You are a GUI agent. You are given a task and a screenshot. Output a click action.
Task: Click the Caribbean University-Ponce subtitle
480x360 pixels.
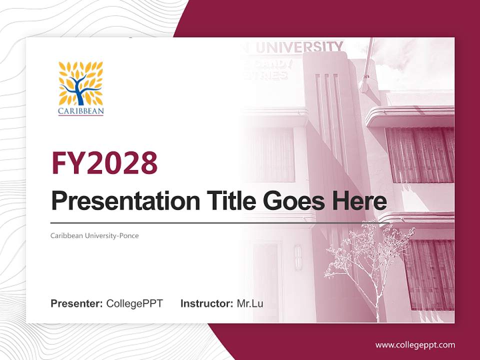pyautogui.click(x=94, y=235)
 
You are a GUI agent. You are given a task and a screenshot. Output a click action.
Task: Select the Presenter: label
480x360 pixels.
pyautogui.click(x=77, y=303)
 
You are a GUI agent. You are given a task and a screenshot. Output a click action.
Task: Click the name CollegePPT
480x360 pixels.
pyautogui.click(x=134, y=303)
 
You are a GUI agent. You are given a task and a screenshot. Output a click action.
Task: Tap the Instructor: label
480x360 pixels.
pyautogui.click(x=206, y=303)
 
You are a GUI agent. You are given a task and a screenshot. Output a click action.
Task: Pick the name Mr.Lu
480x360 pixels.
pyautogui.click(x=250, y=303)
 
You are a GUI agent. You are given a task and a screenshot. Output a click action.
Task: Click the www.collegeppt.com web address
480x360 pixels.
pyautogui.click(x=415, y=344)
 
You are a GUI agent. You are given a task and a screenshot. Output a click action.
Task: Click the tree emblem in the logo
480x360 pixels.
pyautogui.click(x=80, y=83)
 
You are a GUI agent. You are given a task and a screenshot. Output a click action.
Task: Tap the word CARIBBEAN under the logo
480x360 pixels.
pyautogui.click(x=80, y=111)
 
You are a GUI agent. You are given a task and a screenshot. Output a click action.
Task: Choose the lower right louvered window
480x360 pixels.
pyautogui.click(x=429, y=275)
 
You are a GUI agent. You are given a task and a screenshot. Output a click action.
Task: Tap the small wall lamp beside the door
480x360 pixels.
pyautogui.click(x=298, y=257)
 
